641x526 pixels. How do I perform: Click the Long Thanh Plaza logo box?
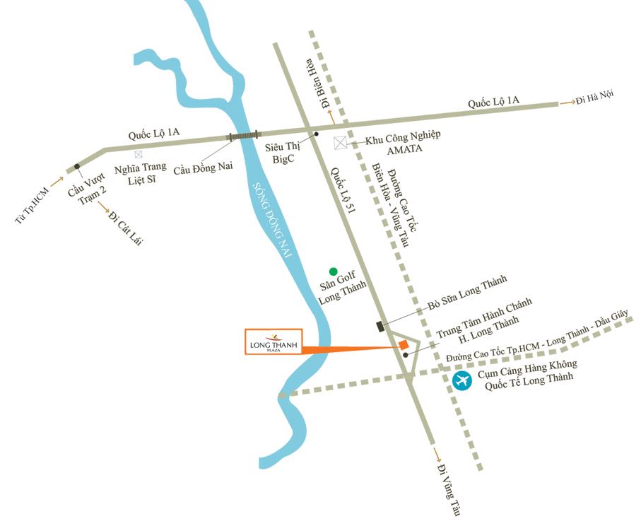coord(273,341)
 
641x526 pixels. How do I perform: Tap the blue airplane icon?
coord(462,381)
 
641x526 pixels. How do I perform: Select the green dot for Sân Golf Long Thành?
coord(333,271)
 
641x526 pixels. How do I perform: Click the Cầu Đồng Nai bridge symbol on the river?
coord(243,135)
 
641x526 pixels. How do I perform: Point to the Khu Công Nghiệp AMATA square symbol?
coord(341,143)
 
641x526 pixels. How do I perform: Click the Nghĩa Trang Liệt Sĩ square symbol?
coord(138,153)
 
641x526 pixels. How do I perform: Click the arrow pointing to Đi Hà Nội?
coord(567,103)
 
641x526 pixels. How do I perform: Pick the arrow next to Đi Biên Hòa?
coord(332,115)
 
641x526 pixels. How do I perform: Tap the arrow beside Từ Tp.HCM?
coord(57,182)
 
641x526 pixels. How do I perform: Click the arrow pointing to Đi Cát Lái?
coord(102,206)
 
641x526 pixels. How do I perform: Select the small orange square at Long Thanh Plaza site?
coord(403,344)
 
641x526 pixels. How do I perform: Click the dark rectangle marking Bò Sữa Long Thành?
coord(380,326)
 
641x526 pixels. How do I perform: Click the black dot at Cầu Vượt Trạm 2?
coord(76,167)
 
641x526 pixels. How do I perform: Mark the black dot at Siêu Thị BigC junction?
coord(316,134)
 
